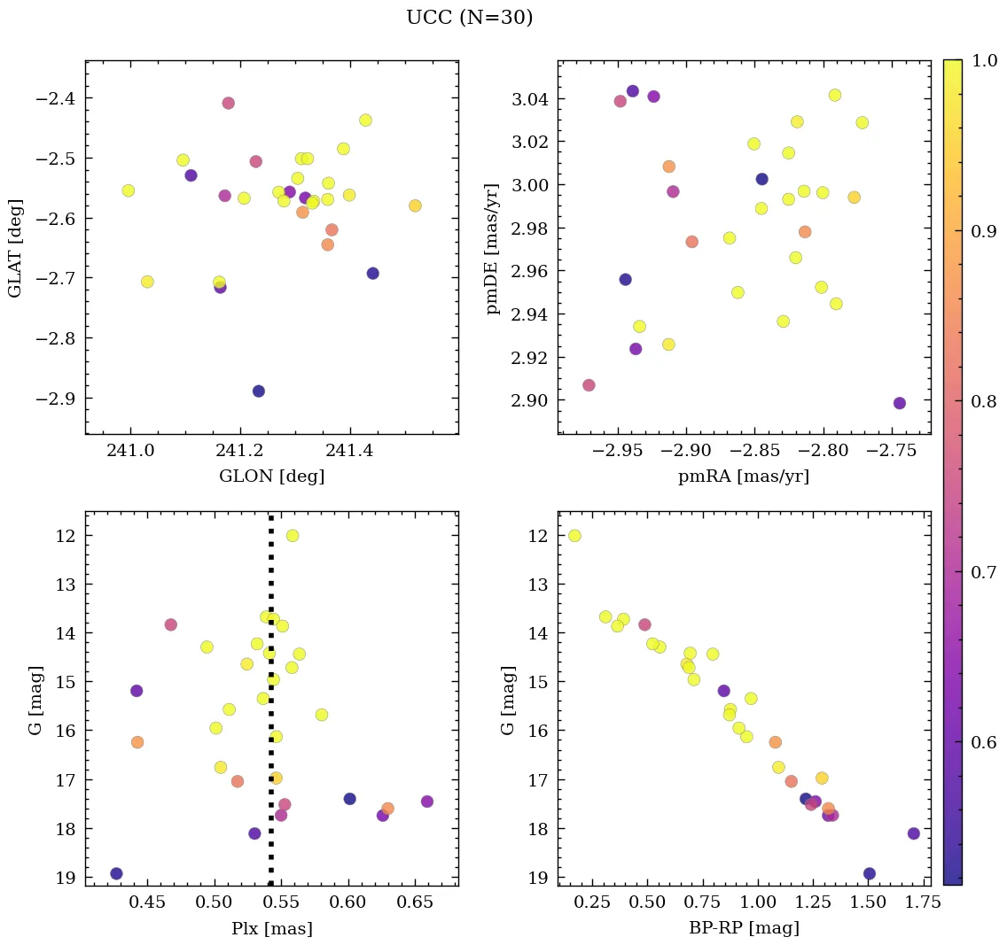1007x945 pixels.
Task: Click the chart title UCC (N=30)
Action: click(470, 18)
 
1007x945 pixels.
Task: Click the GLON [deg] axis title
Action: click(271, 476)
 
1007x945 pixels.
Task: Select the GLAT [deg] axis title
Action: click(15, 248)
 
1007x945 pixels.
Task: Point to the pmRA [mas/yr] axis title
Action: click(743, 476)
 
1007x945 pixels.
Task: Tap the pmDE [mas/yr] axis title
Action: click(493, 249)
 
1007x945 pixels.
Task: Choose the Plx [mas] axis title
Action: click(271, 928)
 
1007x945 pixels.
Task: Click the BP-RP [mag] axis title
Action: click(743, 928)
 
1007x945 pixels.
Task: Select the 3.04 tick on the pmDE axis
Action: click(529, 99)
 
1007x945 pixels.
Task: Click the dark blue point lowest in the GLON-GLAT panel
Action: click(259, 391)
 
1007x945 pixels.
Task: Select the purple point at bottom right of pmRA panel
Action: click(900, 403)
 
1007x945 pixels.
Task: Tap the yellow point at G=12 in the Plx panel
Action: click(293, 536)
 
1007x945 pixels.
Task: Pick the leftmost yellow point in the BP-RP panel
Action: click(574, 536)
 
